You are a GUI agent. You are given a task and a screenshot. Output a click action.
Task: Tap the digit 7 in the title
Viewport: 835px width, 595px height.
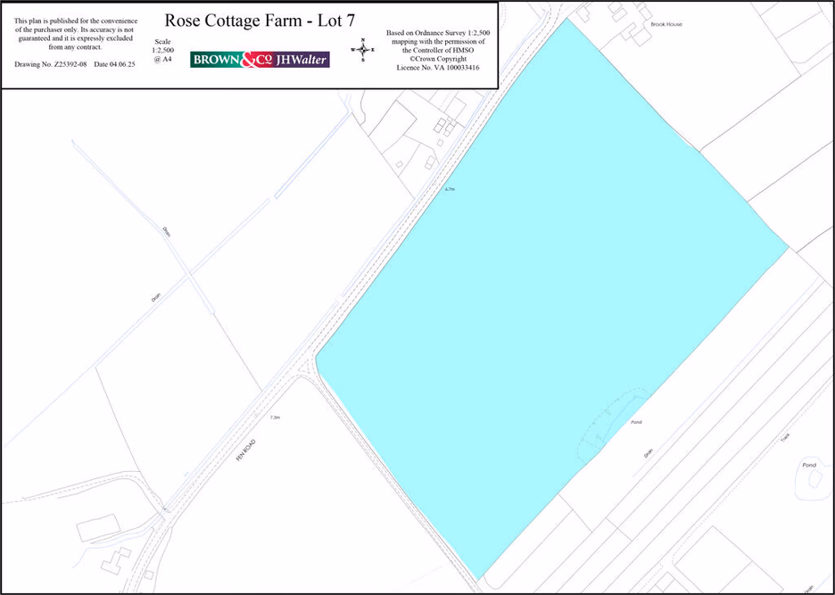tap(351, 21)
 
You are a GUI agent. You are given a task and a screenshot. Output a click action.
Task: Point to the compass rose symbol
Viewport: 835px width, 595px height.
tap(363, 50)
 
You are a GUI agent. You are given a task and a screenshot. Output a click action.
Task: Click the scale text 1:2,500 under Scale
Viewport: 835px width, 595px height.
tap(164, 51)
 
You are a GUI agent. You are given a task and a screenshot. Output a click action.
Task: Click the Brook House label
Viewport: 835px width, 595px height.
tap(666, 24)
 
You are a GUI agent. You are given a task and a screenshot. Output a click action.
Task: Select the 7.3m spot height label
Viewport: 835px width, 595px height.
tap(274, 417)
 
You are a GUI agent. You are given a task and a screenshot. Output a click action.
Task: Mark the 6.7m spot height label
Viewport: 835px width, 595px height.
tap(451, 189)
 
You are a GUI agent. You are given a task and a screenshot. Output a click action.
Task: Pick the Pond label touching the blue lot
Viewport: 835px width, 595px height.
tap(636, 421)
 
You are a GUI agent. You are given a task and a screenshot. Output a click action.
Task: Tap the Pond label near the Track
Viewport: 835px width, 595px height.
tap(809, 465)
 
